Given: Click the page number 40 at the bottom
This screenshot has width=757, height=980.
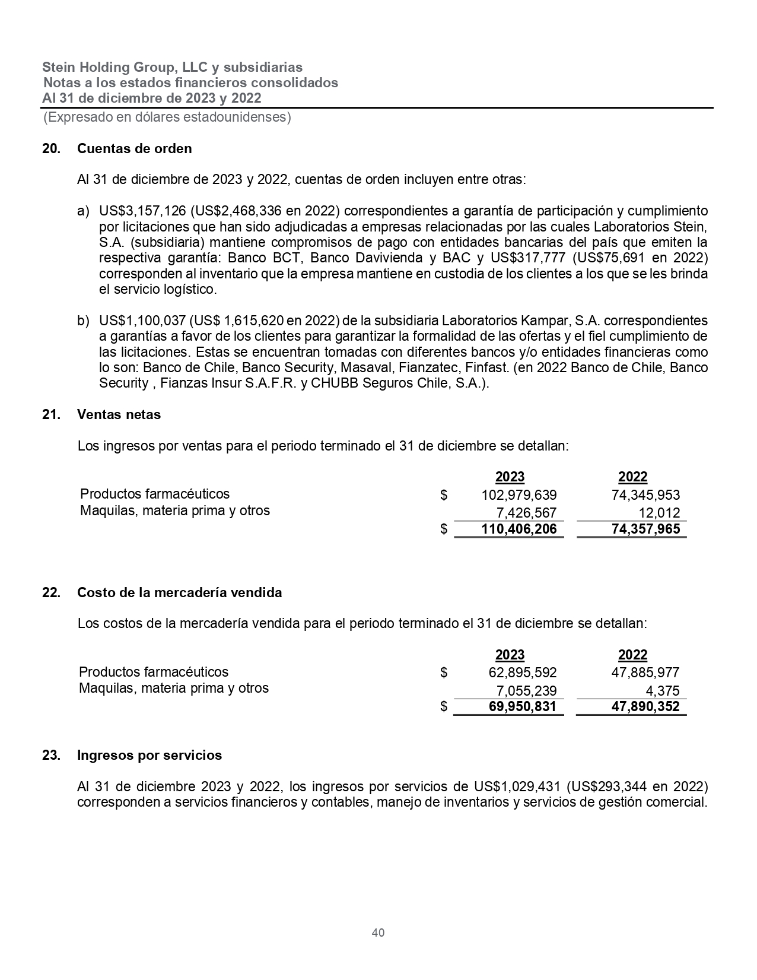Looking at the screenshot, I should tap(378, 933).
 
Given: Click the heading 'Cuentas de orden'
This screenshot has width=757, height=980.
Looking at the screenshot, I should tap(134, 148).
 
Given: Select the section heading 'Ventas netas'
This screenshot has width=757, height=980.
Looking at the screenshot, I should tap(119, 414).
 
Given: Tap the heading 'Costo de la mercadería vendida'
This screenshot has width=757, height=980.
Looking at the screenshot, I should tap(179, 592).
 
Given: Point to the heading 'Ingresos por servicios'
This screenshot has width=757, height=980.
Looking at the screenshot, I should tap(150, 755).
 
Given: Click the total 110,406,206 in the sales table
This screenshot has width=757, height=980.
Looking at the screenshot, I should tap(519, 529).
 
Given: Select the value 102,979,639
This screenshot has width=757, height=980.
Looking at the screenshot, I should tap(519, 495).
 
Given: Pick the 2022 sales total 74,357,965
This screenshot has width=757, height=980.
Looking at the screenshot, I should tap(645, 529).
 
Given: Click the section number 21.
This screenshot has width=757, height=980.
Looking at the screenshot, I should tap(52, 414).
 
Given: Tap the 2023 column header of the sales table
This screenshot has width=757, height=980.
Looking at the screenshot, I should tap(510, 477).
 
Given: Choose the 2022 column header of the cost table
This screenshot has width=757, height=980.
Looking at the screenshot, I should tap(632, 655).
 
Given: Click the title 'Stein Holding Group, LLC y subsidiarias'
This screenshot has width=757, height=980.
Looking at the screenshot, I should tap(173, 67).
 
